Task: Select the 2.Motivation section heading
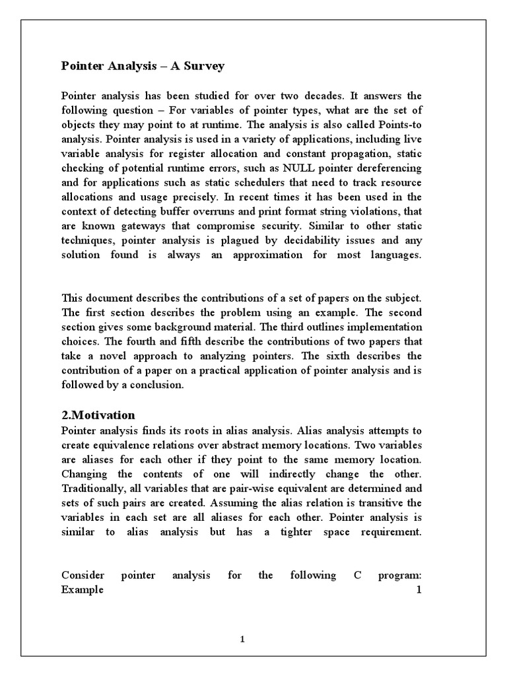(x=98, y=415)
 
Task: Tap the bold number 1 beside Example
(x=419, y=590)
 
